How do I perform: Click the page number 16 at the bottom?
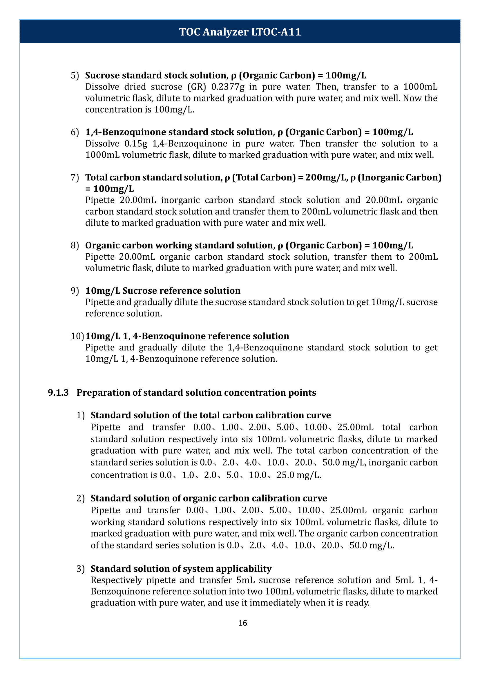[x=242, y=623]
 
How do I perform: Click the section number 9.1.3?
[x=58, y=392]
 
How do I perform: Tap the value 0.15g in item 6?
[x=136, y=143]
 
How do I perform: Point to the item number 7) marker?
[x=75, y=177]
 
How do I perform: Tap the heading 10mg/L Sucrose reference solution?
[x=162, y=291]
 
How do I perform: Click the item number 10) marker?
[x=77, y=336]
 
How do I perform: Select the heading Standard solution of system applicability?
[x=181, y=569]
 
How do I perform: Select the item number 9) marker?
[x=75, y=291]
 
